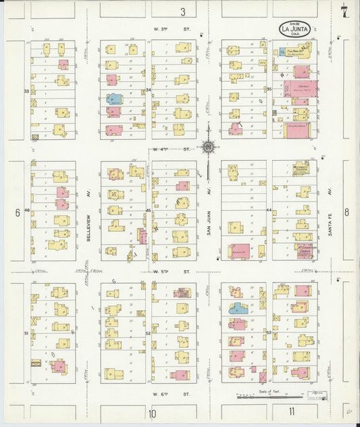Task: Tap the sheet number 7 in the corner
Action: tap(344, 11)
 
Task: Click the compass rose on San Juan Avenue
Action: tap(209, 147)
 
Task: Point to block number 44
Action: tap(268, 211)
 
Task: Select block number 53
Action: tap(268, 333)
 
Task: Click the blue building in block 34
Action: tap(115, 99)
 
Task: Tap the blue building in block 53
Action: tap(237, 309)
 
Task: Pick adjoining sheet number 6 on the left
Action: tap(17, 212)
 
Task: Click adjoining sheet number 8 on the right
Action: tap(347, 212)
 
